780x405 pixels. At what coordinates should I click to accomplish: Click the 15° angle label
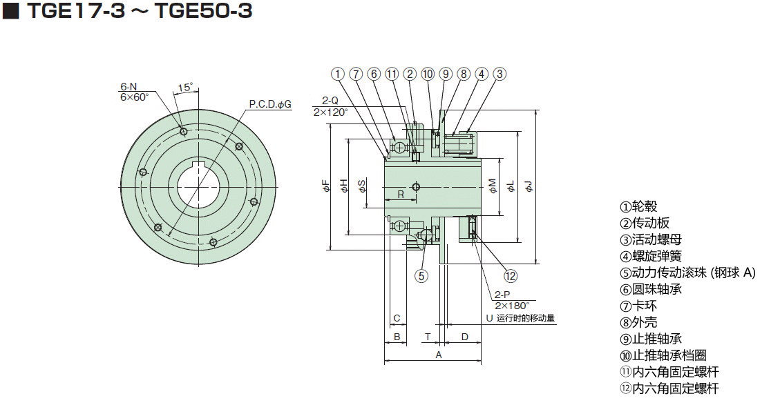point(185,88)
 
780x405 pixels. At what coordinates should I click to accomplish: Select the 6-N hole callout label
point(129,86)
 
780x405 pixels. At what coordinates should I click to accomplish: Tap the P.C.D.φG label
point(270,104)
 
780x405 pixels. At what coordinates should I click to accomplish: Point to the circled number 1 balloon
point(337,74)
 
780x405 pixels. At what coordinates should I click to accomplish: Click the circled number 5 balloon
point(421,276)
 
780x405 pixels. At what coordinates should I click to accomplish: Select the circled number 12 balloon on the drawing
point(511,276)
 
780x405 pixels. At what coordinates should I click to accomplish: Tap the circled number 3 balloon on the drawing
point(500,74)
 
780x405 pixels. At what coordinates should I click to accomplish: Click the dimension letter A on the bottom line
point(437,355)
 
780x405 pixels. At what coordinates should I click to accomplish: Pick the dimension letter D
point(464,337)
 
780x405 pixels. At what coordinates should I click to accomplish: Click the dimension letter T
point(428,337)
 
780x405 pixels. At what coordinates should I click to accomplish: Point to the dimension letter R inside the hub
point(401,195)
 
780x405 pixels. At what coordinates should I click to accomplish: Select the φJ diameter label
point(529,186)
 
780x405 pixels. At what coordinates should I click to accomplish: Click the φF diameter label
point(325,186)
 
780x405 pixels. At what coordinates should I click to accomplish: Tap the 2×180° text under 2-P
point(511,305)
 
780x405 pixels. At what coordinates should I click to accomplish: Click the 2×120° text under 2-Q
point(330,112)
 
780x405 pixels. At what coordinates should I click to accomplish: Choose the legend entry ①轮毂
point(638,206)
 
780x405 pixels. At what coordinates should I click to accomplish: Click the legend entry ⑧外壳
point(638,322)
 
